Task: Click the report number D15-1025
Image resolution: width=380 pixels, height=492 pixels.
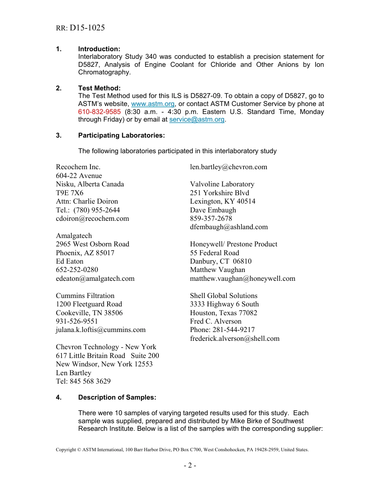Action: tap(87, 28)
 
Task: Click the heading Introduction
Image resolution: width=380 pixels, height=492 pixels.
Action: tap(99, 49)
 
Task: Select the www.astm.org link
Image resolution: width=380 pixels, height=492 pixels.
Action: tap(153, 104)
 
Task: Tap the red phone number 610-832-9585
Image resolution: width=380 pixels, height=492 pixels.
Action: tap(99, 112)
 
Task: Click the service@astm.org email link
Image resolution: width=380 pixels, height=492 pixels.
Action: tap(197, 120)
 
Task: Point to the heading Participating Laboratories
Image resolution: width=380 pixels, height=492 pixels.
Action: tap(121, 135)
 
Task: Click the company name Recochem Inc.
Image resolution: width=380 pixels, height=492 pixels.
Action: tap(78, 167)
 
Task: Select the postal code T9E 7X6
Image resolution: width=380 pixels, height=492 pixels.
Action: tap(70, 193)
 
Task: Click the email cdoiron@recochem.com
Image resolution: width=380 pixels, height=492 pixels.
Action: tap(92, 218)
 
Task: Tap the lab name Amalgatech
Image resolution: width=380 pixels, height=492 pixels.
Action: tap(74, 236)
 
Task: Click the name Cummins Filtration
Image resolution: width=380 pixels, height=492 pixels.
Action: tap(85, 296)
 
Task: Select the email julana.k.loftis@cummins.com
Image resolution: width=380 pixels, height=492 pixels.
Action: tap(101, 330)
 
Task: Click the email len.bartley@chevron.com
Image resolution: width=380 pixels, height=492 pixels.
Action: tap(228, 167)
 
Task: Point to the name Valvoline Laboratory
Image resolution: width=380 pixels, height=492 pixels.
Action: tap(222, 184)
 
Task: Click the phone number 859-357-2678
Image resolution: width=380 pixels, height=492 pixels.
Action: tap(211, 218)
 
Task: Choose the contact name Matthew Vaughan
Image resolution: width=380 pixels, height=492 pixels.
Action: tap(218, 270)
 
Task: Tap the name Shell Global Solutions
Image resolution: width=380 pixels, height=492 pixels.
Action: tap(224, 296)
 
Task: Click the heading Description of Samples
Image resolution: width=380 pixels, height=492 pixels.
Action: tap(117, 397)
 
